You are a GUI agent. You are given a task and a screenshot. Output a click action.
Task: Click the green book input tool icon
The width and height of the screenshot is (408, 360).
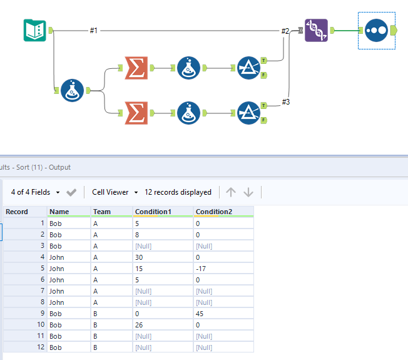click(34, 30)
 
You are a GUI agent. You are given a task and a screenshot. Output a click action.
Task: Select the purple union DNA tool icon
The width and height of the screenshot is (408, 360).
click(316, 29)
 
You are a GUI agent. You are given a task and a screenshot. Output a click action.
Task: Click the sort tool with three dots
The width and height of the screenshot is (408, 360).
click(376, 30)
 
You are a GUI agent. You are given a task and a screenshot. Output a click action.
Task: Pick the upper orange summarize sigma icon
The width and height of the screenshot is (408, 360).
click(136, 68)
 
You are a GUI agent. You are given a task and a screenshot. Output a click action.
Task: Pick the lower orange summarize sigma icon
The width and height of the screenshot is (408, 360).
click(136, 113)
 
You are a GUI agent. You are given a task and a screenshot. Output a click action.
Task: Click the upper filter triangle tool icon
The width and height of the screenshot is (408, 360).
click(249, 68)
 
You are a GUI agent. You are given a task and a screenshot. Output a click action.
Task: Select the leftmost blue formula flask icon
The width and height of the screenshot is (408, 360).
click(73, 91)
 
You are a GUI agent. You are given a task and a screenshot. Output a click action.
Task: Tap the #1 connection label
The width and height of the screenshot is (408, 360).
click(93, 30)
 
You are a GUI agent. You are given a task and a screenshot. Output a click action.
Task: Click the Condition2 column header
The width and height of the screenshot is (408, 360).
click(215, 212)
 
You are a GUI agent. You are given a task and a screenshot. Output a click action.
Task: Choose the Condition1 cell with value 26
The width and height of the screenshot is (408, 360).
click(140, 324)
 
